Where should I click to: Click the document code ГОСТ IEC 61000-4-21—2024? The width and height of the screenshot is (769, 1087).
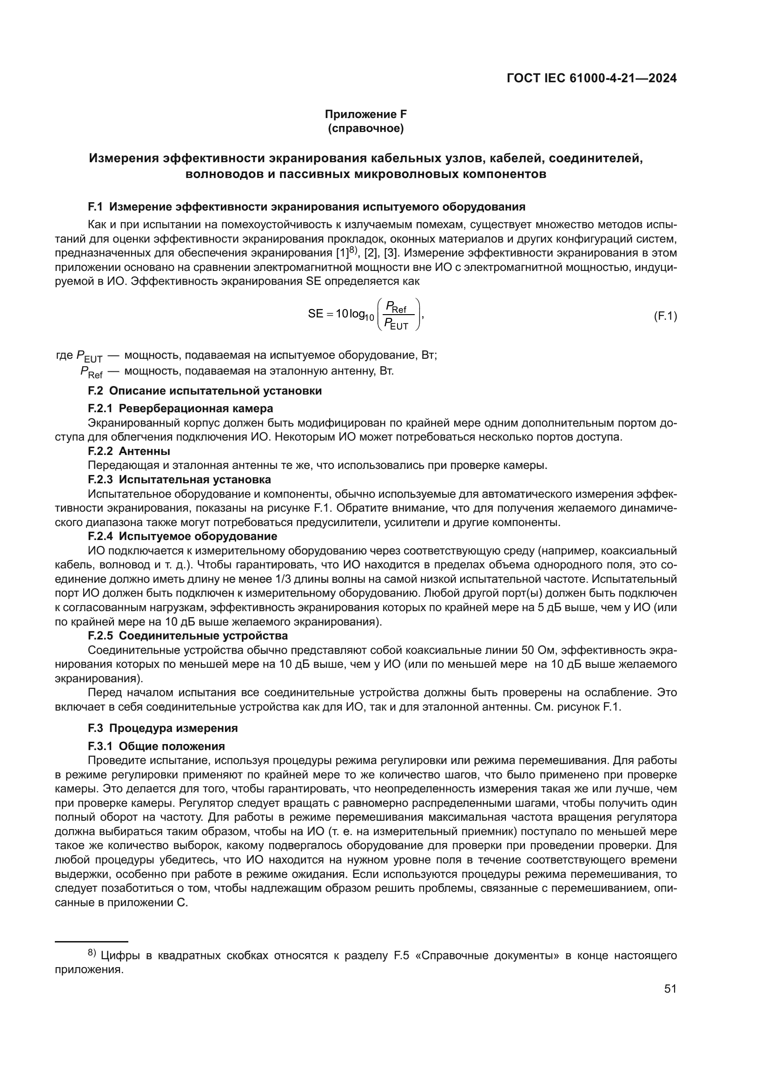591,79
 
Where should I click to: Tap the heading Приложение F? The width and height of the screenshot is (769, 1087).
365,114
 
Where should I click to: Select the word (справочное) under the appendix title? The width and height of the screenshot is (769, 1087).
365,128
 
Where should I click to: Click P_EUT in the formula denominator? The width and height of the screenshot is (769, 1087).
396,324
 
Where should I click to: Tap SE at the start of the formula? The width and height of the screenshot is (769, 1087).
315,314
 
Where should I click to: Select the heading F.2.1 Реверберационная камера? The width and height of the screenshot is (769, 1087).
180,408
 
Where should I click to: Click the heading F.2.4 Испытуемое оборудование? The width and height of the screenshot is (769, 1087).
182,536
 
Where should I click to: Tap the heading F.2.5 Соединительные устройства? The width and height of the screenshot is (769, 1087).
187,635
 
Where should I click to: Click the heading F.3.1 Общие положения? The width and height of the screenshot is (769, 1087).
156,746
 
